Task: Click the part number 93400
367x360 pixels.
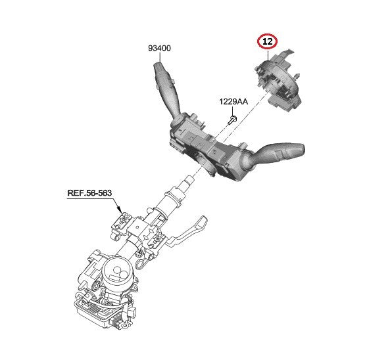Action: [159, 48]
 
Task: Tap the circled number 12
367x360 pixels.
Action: [267, 41]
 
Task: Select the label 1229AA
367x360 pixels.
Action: [233, 102]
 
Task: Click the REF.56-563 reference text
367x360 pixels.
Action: [89, 193]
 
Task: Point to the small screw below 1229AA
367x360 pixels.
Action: [233, 120]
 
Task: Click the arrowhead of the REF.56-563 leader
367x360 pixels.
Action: [120, 210]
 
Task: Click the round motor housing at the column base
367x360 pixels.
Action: [118, 273]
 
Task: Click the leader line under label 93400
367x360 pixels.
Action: [160, 57]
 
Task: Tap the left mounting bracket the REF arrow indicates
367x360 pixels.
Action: [120, 225]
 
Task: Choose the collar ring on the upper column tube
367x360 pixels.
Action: [174, 198]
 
